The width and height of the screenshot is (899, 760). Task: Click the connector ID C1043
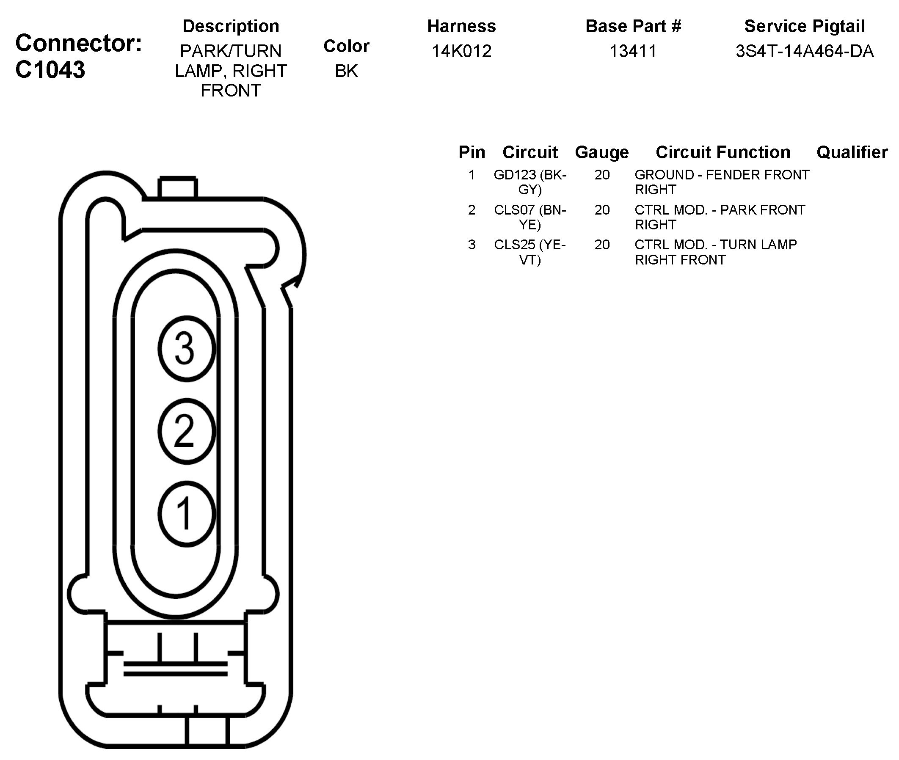(x=50, y=70)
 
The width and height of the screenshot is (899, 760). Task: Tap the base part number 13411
(x=633, y=51)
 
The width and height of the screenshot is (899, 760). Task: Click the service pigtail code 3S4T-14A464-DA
(x=804, y=51)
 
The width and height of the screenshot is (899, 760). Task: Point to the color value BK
(x=346, y=71)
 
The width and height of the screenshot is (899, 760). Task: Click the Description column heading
(x=231, y=26)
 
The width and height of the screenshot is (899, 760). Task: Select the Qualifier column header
(x=852, y=152)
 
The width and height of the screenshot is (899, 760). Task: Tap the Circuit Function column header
(x=723, y=152)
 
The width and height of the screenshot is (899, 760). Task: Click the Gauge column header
(x=601, y=152)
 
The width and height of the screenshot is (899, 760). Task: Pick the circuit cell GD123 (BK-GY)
(x=529, y=182)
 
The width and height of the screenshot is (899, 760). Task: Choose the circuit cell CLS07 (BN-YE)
(x=529, y=217)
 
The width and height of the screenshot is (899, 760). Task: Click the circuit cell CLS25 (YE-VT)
(x=529, y=252)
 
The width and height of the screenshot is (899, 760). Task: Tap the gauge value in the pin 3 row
(x=601, y=245)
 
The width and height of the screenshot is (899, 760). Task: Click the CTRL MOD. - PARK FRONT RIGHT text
(x=719, y=217)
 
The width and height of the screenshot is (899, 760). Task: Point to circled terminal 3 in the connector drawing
(x=186, y=349)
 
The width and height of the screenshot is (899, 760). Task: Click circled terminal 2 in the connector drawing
(x=186, y=431)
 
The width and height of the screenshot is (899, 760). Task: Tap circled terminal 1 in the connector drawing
(x=186, y=514)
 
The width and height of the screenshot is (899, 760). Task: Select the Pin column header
(x=472, y=152)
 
